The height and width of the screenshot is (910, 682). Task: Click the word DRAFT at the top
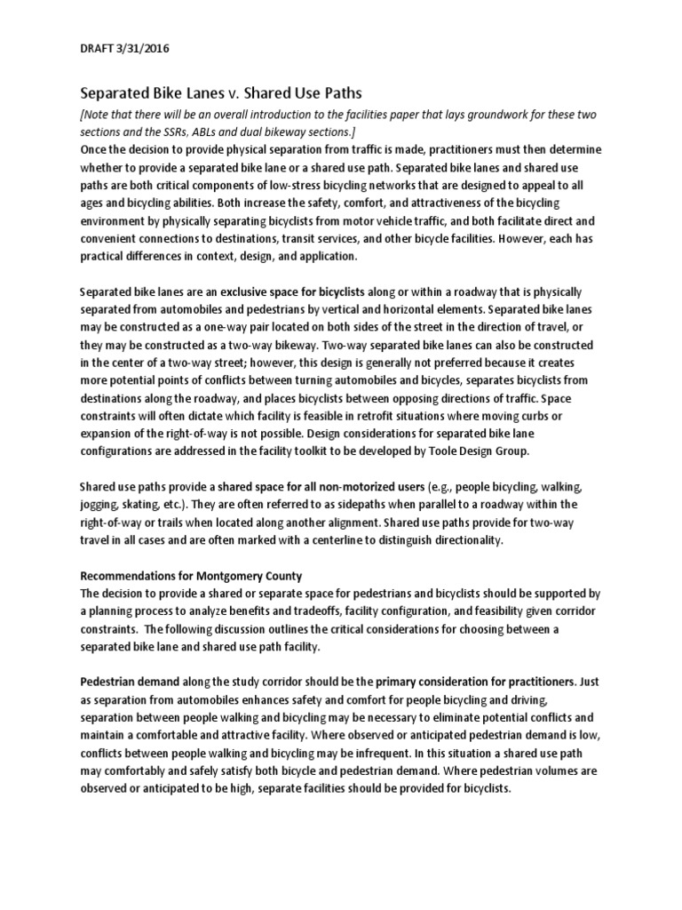[97, 48]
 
